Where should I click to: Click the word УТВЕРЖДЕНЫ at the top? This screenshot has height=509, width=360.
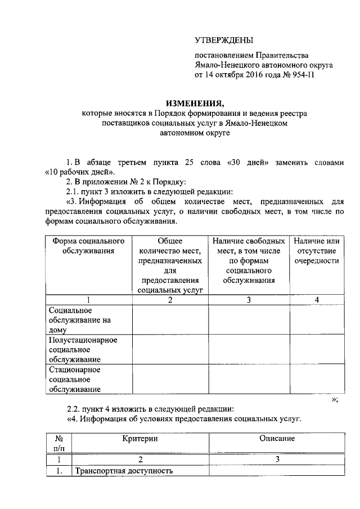click(223, 40)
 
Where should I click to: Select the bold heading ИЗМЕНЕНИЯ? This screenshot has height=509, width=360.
click(195, 103)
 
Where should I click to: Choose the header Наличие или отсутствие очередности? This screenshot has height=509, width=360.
click(317, 250)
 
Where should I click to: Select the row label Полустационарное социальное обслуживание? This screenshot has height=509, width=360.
click(82, 350)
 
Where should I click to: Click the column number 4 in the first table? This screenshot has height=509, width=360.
click(317, 300)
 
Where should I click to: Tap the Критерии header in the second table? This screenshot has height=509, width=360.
click(140, 438)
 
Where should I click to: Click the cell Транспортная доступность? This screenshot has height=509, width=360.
click(123, 471)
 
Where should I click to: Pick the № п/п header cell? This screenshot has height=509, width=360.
click(58, 443)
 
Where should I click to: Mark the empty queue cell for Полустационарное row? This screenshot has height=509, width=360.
click(317, 350)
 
